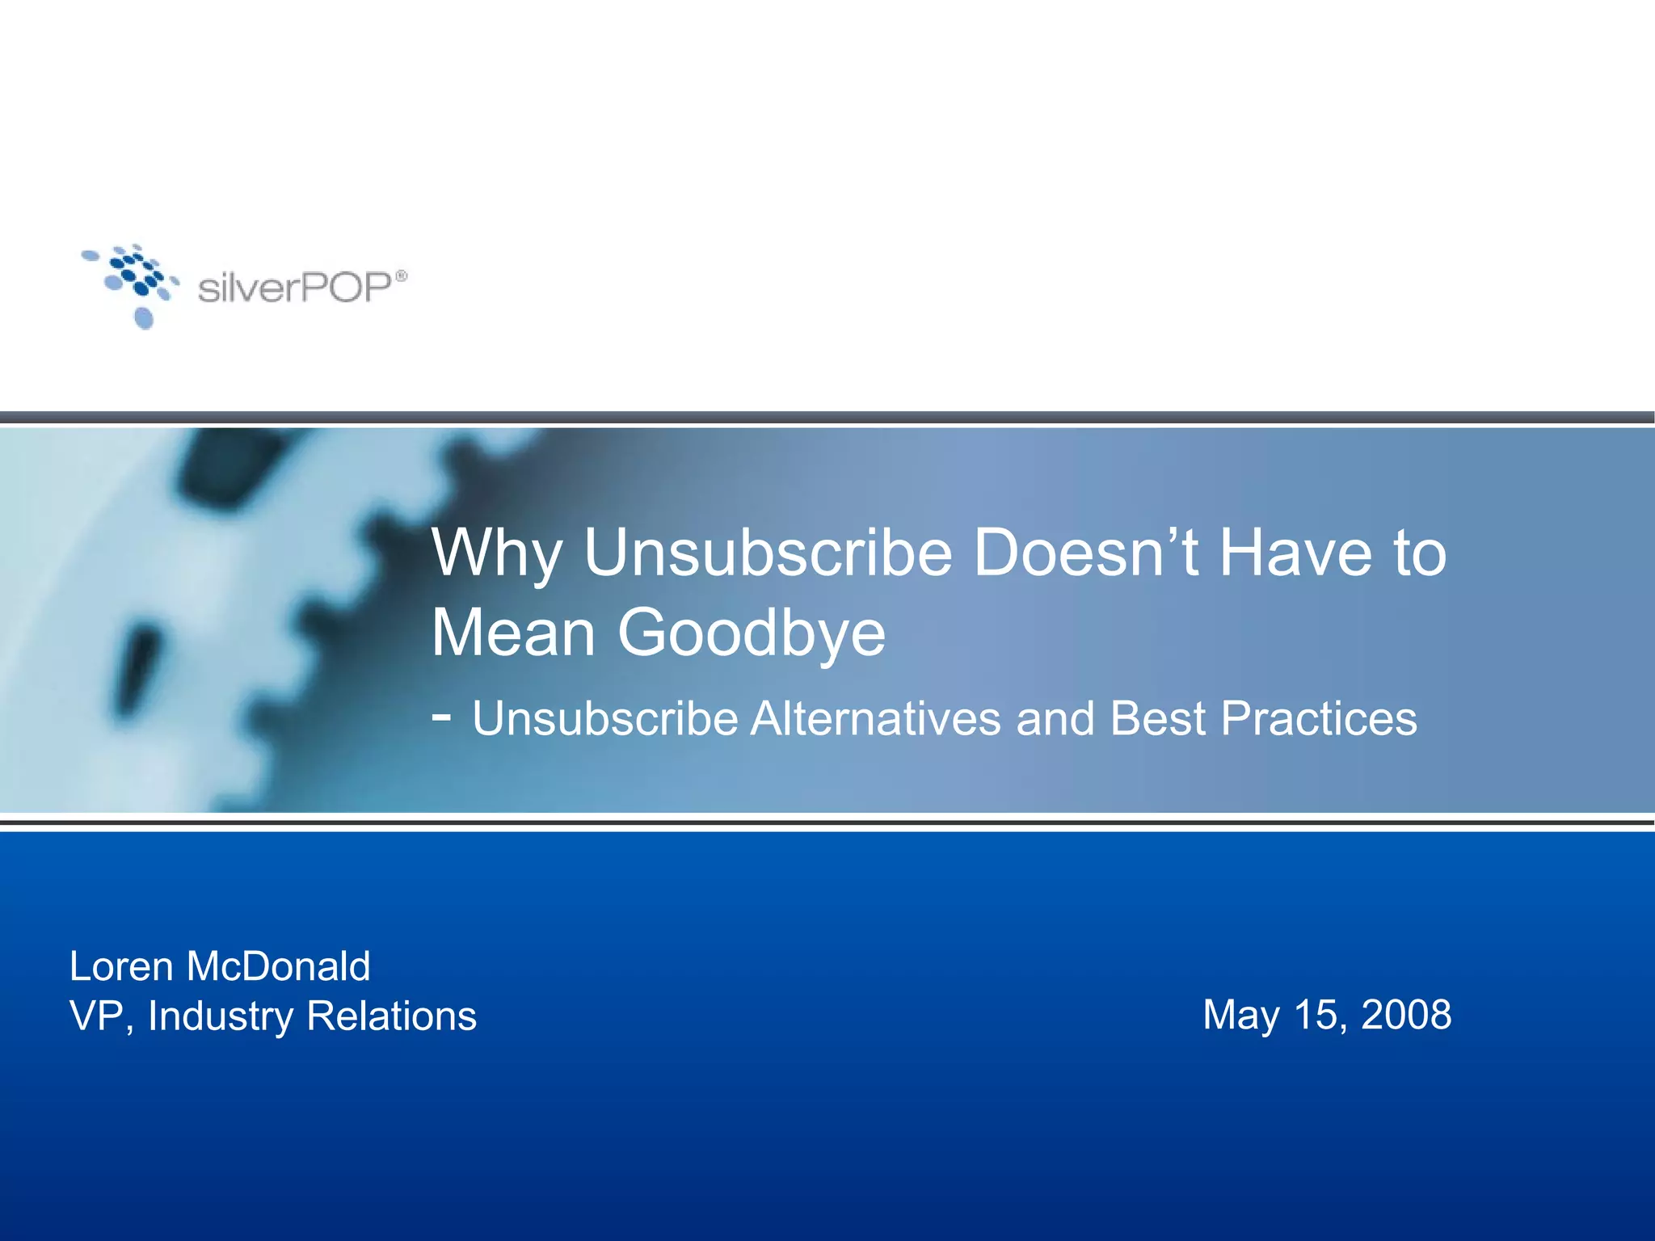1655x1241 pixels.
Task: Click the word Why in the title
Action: coord(496,554)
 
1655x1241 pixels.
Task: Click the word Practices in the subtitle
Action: coord(1319,718)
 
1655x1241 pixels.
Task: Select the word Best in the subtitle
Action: coord(1157,718)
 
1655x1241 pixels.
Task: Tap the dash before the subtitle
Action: coord(441,715)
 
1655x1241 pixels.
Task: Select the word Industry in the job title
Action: coord(221,1016)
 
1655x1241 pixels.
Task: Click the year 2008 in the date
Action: coord(1406,1015)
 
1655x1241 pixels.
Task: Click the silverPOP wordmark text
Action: coord(295,288)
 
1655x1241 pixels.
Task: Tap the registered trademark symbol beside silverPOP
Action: coord(402,276)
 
